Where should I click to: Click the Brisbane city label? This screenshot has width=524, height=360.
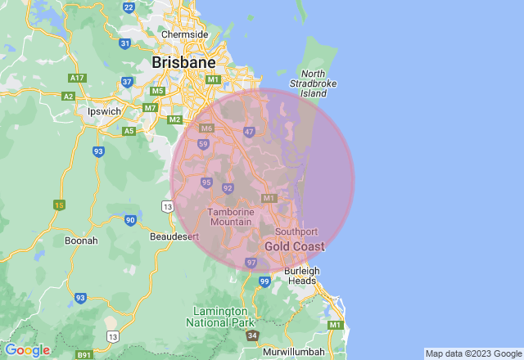point(183,62)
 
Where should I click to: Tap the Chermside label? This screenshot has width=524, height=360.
point(183,34)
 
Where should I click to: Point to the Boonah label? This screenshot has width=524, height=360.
point(81,241)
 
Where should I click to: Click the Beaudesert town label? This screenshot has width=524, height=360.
point(175,236)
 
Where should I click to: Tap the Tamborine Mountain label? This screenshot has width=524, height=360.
point(231,217)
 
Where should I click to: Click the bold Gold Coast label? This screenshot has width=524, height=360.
point(294,246)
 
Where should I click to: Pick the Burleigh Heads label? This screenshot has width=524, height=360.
point(300,275)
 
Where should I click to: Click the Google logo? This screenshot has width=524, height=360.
point(27,350)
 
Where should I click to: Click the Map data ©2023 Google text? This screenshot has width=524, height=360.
point(473,353)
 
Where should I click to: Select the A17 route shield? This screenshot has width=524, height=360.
point(78,78)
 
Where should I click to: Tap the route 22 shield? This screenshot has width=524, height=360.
point(129,7)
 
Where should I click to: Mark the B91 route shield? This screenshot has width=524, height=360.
point(84,355)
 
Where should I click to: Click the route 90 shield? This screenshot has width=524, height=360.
point(131,219)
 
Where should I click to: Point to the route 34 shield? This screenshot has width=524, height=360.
point(252,336)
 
